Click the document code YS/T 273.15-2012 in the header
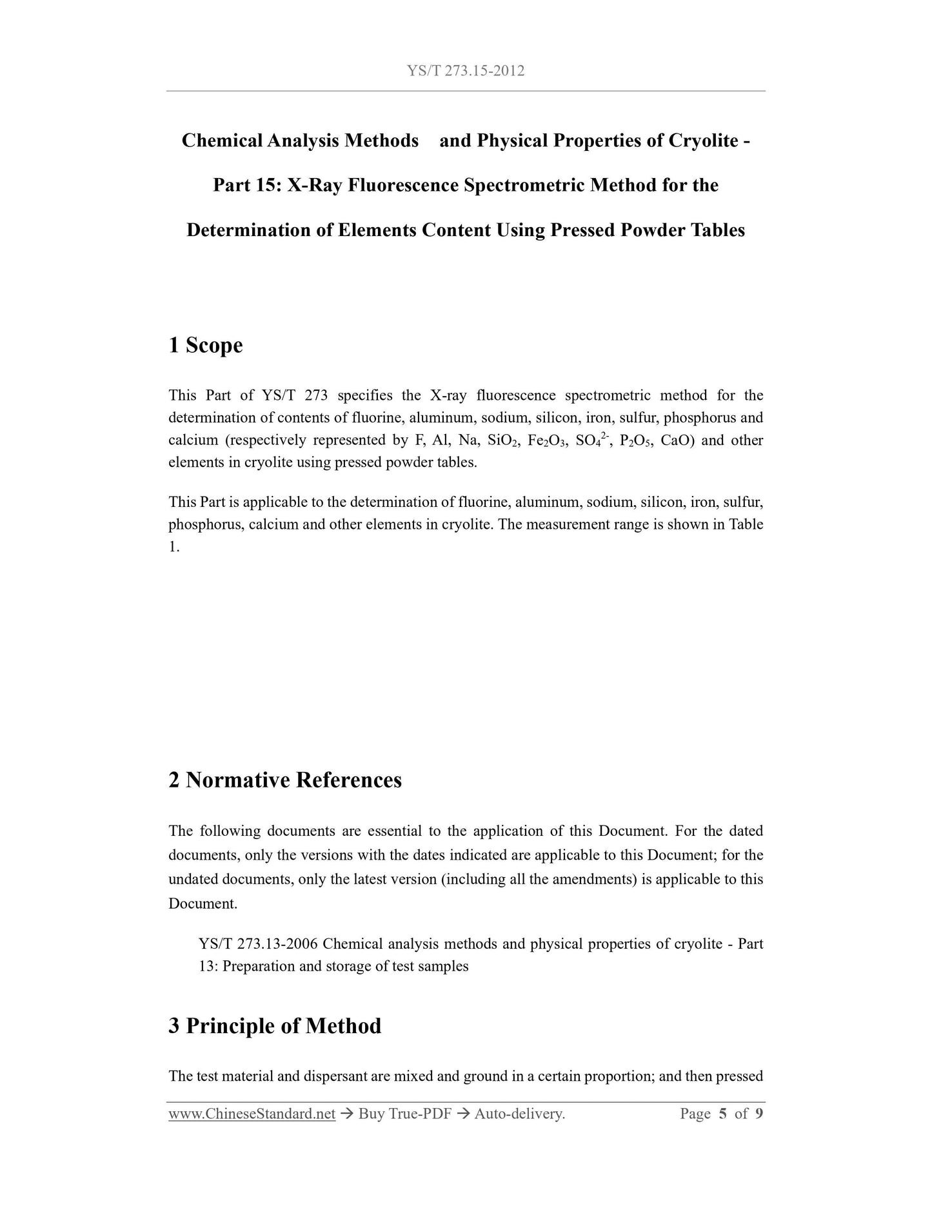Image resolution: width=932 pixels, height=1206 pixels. click(x=466, y=71)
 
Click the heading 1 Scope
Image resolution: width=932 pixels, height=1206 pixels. click(x=206, y=346)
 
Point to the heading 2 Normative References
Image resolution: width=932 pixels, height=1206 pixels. click(x=285, y=780)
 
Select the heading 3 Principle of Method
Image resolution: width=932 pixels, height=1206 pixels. click(x=275, y=1026)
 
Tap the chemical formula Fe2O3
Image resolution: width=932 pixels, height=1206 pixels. click(x=546, y=441)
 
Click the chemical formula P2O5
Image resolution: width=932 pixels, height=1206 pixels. click(x=635, y=441)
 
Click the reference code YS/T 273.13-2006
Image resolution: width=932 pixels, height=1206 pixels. click(x=258, y=944)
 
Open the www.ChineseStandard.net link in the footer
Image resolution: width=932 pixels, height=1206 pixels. click(x=252, y=1114)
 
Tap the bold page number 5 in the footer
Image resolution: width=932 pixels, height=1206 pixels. click(x=722, y=1114)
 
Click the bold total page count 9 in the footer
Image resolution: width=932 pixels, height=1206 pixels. click(x=758, y=1114)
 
